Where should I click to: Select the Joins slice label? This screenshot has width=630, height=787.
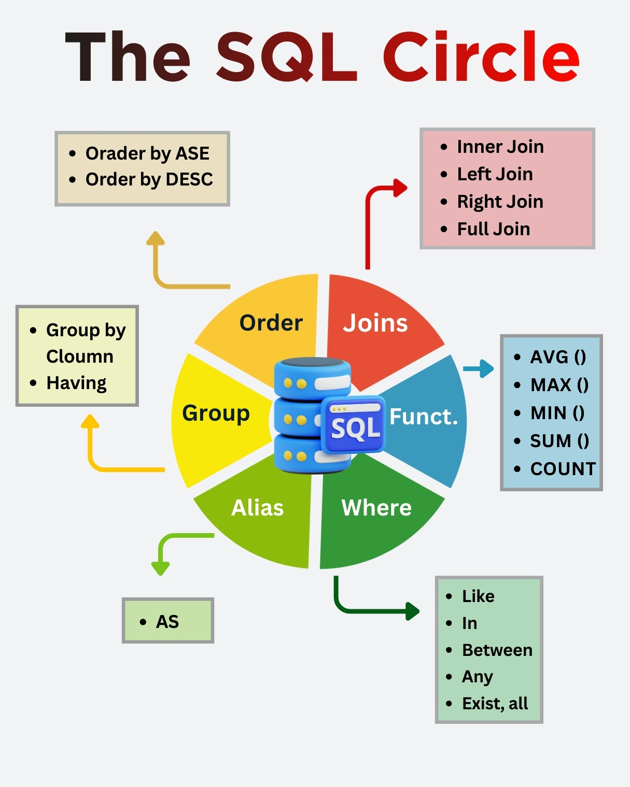tap(375, 323)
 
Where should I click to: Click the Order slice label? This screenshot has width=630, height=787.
tap(271, 323)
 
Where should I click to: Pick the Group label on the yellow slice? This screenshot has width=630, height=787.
tap(216, 413)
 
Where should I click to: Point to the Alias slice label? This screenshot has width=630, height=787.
tap(257, 508)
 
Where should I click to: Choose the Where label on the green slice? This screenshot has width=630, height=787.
tap(376, 508)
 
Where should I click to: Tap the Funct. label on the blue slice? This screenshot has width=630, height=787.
tap(424, 417)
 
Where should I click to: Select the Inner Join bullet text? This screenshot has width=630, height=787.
tap(500, 147)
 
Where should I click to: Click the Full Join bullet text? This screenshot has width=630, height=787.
tap(493, 228)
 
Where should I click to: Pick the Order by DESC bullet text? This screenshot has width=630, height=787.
tap(149, 179)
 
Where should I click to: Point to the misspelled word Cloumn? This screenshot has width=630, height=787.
tap(80, 356)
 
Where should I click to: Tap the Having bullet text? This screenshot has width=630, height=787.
tap(76, 383)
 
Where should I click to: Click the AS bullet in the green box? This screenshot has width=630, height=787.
tap(167, 621)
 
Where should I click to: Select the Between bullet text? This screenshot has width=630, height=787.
tap(497, 650)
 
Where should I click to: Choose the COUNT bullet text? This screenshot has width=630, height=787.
tap(563, 468)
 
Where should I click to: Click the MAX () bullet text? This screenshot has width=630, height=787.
tap(559, 384)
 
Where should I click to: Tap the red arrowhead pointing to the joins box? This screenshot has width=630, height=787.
tap(400, 188)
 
